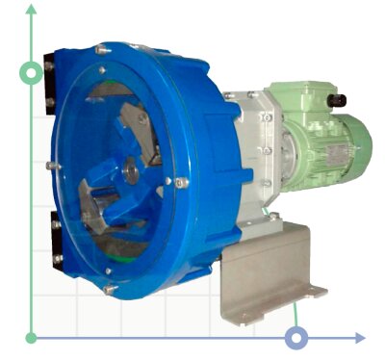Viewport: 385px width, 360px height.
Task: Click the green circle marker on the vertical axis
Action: click(x=32, y=72)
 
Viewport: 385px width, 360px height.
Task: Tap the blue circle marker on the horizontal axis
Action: click(x=297, y=337)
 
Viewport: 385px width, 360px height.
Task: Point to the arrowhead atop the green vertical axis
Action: click(x=32, y=10)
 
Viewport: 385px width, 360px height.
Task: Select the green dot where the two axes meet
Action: click(x=32, y=338)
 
